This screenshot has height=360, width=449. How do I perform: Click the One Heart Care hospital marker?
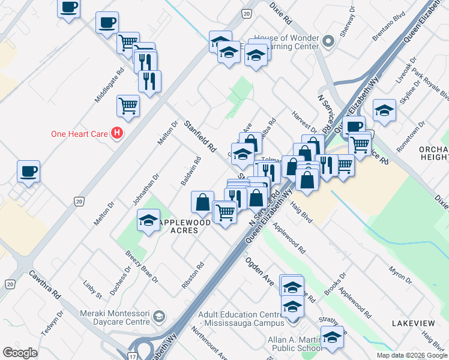click(118, 133)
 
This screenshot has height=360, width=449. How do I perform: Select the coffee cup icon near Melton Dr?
click(29, 172)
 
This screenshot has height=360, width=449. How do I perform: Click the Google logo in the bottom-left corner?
click(20, 353)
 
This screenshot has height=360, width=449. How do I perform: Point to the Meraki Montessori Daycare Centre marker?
click(159, 316)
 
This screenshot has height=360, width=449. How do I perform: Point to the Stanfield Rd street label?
click(200, 136)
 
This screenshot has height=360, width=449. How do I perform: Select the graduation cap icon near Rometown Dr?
click(384, 111)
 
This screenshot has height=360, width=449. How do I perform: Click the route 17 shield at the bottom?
click(132, 356)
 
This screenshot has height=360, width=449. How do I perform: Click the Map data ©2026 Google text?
click(411, 355)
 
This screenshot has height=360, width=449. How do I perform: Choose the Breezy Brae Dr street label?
click(142, 268)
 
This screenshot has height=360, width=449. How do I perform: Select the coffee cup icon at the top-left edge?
click(68, 8)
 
